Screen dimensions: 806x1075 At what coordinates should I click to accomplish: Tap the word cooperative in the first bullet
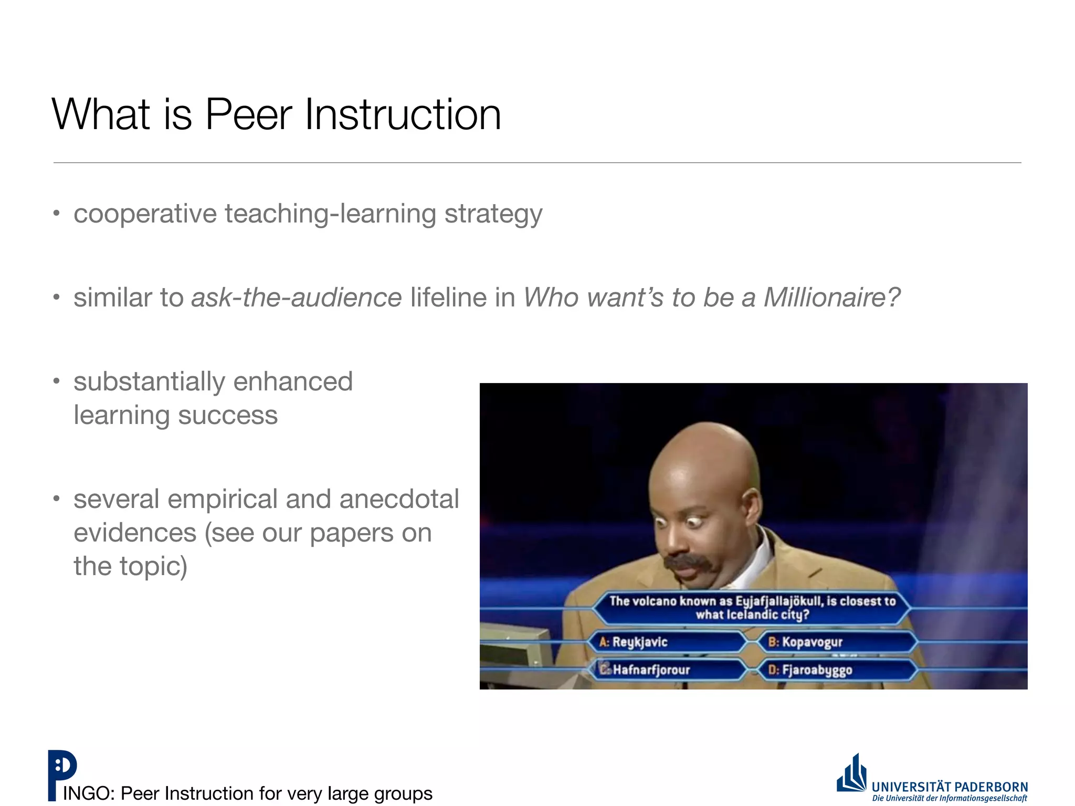coord(145,214)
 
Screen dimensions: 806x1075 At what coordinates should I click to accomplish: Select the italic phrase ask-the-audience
coord(296,298)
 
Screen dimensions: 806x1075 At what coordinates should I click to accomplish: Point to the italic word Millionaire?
coord(831,298)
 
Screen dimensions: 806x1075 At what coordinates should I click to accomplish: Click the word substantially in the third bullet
coord(149,382)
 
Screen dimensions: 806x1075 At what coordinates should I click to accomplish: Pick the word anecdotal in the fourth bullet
coord(399,499)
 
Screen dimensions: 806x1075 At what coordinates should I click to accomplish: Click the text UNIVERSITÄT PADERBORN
coord(950,787)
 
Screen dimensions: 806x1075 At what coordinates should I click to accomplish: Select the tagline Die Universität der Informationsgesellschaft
coord(950,799)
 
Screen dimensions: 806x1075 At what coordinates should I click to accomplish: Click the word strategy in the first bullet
coord(493,214)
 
